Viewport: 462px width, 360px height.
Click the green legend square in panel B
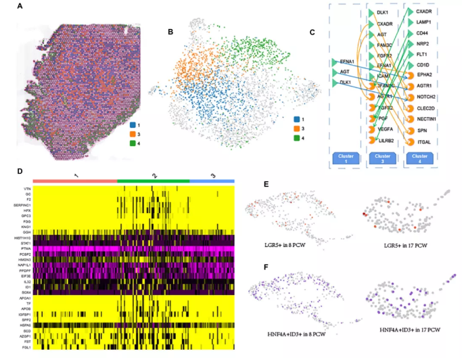tap(298, 137)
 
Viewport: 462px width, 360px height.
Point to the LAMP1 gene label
tap(425, 22)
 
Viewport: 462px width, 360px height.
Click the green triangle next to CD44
tap(408, 33)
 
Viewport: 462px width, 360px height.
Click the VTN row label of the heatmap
tap(26, 188)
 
